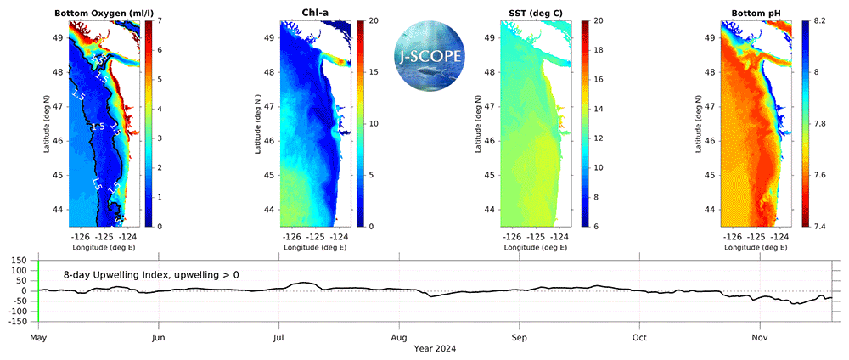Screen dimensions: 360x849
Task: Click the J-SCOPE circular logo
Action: [432, 56]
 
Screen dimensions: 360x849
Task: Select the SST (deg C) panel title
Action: [530, 12]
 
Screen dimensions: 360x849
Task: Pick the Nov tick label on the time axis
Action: [760, 337]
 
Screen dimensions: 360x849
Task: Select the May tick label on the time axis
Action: [37, 337]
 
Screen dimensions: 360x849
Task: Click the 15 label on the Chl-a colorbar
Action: [373, 71]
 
